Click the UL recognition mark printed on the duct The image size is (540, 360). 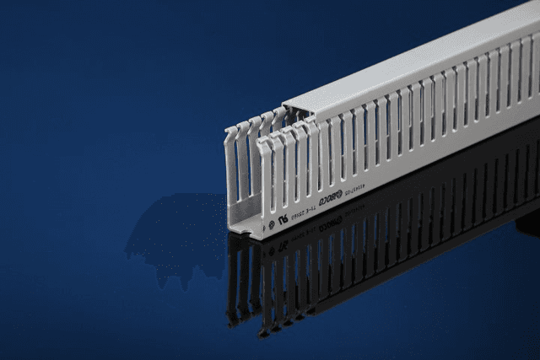[x=283, y=218]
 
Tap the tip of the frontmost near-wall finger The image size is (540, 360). [x=264, y=146]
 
